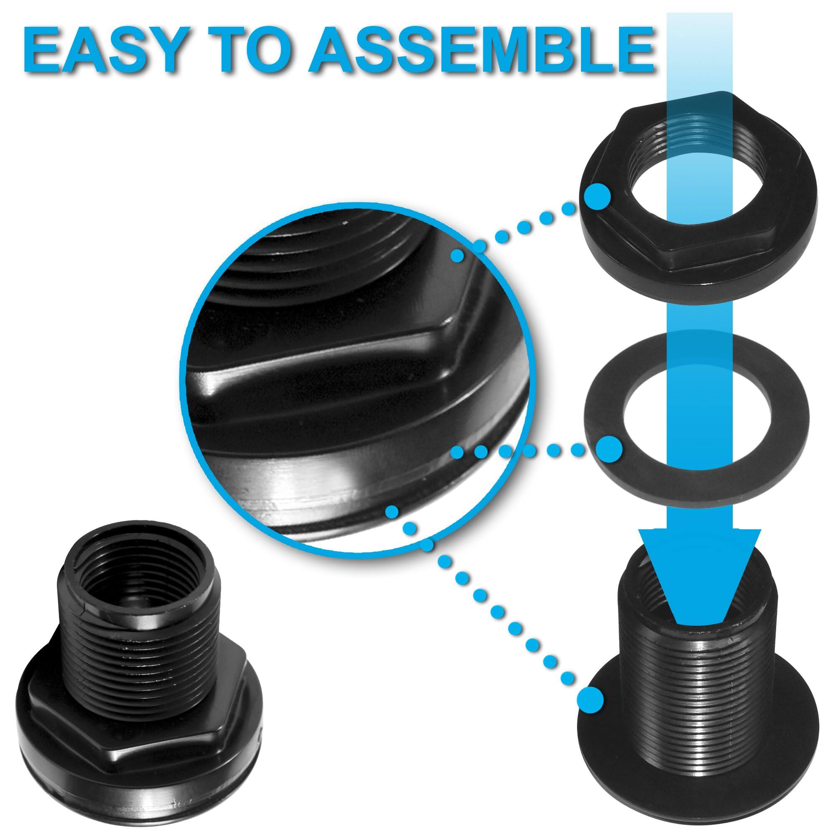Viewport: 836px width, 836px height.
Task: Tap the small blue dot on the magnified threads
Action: click(x=457, y=256)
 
